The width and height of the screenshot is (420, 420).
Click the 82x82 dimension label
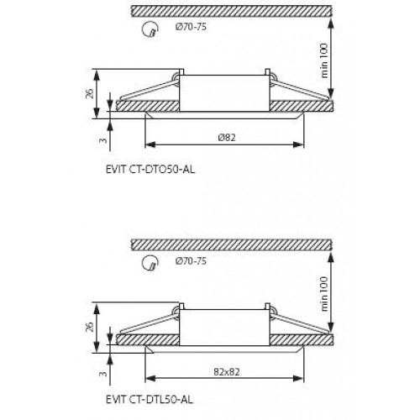(222, 369)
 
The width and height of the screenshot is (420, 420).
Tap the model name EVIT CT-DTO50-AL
(152, 168)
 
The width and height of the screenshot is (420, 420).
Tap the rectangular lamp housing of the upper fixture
(223, 91)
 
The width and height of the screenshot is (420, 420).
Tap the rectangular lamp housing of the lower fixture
(223, 323)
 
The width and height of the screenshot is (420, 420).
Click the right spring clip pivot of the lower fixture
(270, 311)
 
